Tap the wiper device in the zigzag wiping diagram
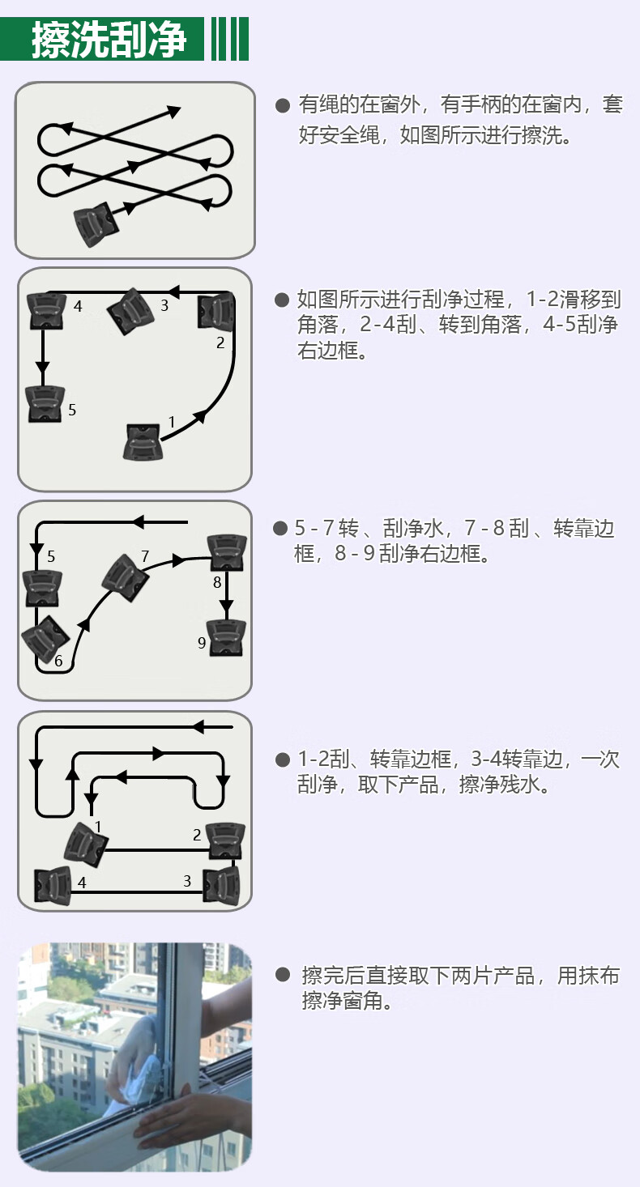[x=96, y=223]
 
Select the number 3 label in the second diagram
[x=164, y=306]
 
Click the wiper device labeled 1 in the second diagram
[x=142, y=441]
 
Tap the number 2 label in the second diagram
[x=220, y=342]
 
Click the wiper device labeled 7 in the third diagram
[x=125, y=577]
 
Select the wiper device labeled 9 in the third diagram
[x=226, y=637]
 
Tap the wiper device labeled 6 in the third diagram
[x=45, y=640]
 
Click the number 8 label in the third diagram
[x=217, y=582]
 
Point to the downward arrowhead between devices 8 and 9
[x=226, y=606]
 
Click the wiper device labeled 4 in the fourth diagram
[x=53, y=886]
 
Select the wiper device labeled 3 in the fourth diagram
[x=222, y=886]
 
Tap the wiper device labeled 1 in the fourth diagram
[x=85, y=845]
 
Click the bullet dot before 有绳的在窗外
[x=283, y=105]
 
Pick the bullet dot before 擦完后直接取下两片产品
[x=283, y=975]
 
